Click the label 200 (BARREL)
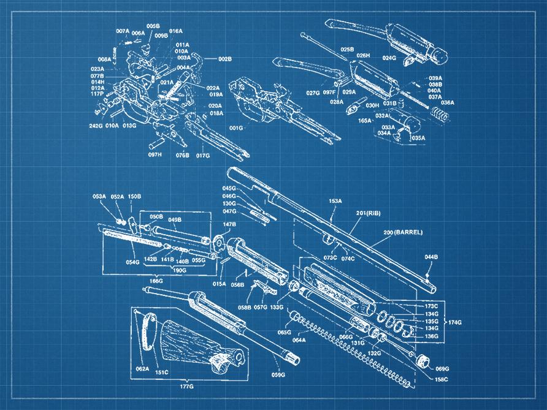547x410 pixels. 404,232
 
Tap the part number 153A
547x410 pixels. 335,200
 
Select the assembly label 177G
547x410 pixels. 186,387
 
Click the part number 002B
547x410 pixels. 225,59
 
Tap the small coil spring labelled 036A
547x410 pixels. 438,114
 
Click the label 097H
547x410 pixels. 155,155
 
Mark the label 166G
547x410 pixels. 156,280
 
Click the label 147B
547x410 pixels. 229,225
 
